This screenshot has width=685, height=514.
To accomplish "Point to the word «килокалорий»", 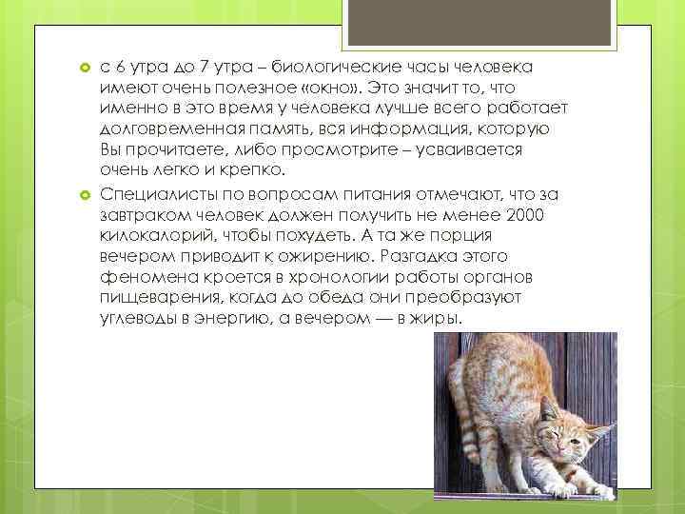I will coord(154,236).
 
